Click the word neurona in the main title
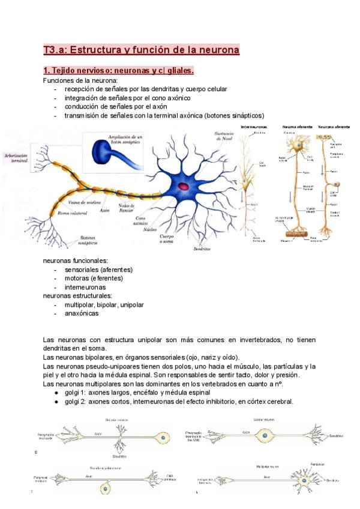[218, 50]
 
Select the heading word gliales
[178, 71]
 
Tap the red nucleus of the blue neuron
[184, 187]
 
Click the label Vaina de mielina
[86, 202]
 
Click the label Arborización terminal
[17, 158]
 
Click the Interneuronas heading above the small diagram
[253, 127]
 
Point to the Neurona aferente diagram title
[334, 127]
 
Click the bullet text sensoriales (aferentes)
[99, 270]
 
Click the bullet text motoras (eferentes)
[94, 279]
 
